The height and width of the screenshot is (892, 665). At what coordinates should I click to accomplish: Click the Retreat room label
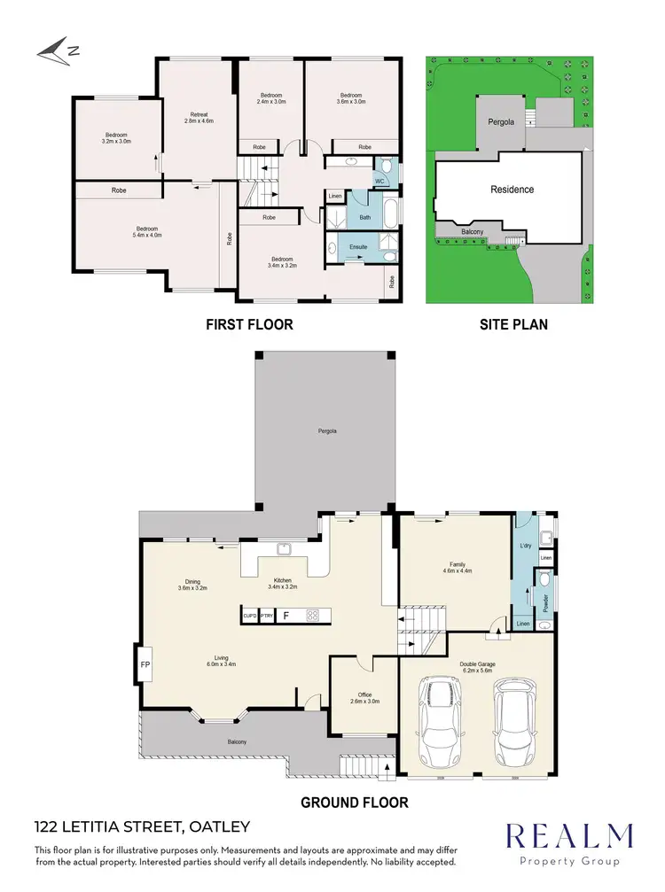coord(199,118)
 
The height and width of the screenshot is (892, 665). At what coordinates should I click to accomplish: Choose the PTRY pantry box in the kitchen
coord(266,615)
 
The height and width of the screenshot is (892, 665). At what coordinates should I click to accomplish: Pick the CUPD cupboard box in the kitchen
coord(249,615)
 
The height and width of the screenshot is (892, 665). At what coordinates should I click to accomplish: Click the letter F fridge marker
coord(286,615)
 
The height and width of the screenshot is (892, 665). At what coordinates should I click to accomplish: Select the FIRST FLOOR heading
coord(249,325)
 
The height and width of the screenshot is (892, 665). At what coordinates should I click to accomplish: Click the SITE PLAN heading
coord(513,325)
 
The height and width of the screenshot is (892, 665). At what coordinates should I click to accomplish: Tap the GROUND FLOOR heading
coord(355,803)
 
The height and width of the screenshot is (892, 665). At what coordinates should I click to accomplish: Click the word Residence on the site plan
coord(512,190)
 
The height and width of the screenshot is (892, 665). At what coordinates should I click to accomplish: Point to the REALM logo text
coord(568,837)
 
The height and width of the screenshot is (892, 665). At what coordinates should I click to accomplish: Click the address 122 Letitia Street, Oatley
coord(142,827)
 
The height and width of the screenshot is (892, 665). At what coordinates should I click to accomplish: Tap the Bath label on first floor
coord(364,216)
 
